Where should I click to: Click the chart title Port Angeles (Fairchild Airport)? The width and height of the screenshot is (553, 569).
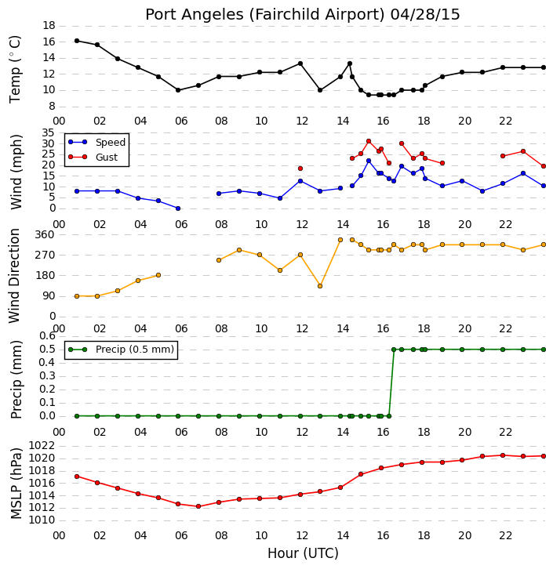(264, 15)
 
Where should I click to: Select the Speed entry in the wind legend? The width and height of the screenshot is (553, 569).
(96, 143)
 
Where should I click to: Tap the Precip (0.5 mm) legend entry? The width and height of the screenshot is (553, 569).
(122, 350)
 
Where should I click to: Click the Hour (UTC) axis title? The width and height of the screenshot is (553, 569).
(303, 553)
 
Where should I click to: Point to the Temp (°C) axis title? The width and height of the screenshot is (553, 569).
(15, 69)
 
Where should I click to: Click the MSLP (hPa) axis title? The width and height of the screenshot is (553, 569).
(16, 483)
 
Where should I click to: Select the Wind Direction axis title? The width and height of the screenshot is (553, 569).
(14, 276)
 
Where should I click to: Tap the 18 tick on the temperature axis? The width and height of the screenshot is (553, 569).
(49, 25)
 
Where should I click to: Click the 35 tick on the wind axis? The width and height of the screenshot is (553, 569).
(49, 132)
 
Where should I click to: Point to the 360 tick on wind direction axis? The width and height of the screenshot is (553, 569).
(45, 234)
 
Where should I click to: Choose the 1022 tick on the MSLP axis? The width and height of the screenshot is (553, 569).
(42, 446)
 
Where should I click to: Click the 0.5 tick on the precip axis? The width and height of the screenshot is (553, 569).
(47, 349)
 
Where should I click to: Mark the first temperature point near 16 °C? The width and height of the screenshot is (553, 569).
(77, 41)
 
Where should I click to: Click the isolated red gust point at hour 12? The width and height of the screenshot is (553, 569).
(300, 169)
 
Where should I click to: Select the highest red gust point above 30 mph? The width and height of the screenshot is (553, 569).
(369, 141)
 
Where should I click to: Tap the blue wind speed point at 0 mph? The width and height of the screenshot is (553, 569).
(178, 208)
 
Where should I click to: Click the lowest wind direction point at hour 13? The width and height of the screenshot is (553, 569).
(320, 286)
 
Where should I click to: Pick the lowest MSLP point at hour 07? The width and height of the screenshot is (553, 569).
(198, 506)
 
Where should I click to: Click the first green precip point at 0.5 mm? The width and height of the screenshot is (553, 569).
(394, 350)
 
